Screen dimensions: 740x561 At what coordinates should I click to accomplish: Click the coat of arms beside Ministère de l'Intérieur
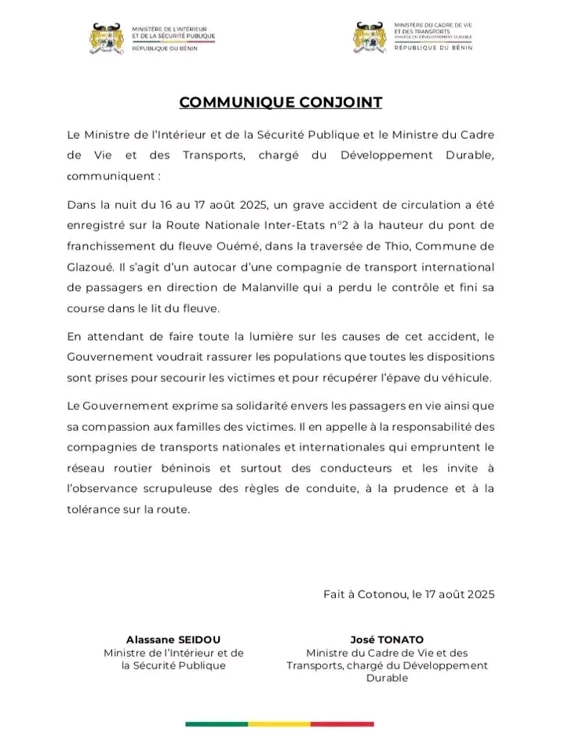coord(107,38)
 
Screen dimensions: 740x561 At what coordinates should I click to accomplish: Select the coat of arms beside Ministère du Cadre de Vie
coord(369,38)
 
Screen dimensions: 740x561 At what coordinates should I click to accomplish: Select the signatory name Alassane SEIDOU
coord(173,639)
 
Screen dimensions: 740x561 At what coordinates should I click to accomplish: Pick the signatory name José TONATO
coord(387,639)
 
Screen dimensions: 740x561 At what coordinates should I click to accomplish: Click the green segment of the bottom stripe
coord(217,723)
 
